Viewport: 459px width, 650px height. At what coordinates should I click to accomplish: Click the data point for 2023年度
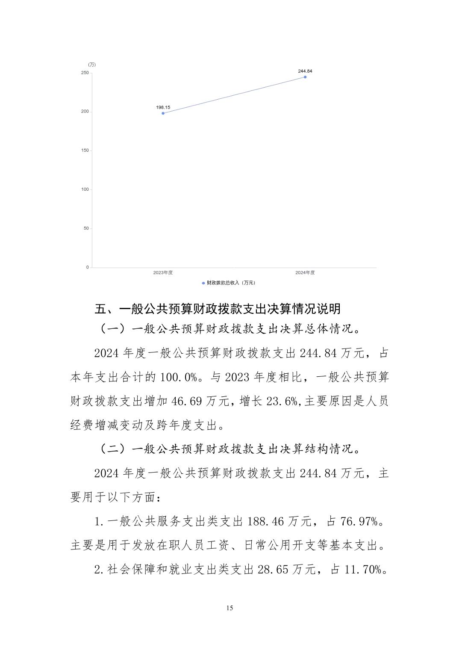pyautogui.click(x=163, y=113)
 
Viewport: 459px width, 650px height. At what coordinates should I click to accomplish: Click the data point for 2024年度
pyautogui.click(x=305, y=77)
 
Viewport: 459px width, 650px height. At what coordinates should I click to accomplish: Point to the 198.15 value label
pyautogui.click(x=163, y=107)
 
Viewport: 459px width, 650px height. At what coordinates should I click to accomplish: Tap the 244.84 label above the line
pyautogui.click(x=305, y=71)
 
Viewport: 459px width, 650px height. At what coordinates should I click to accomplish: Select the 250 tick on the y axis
pyautogui.click(x=85, y=73)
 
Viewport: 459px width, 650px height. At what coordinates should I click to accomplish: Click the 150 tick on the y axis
pyautogui.click(x=85, y=151)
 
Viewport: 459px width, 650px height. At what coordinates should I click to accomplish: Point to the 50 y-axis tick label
pyautogui.click(x=86, y=228)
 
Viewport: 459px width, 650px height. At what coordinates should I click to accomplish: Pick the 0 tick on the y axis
pyautogui.click(x=88, y=267)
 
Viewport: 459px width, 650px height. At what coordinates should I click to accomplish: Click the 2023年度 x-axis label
pyautogui.click(x=163, y=273)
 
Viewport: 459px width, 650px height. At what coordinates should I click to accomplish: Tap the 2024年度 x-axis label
pyautogui.click(x=305, y=273)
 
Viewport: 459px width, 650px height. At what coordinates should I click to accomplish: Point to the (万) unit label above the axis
pyautogui.click(x=92, y=65)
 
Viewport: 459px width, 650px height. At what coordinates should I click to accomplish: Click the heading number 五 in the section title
pyautogui.click(x=100, y=309)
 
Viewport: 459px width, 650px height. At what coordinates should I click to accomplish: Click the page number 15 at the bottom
pyautogui.click(x=229, y=608)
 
